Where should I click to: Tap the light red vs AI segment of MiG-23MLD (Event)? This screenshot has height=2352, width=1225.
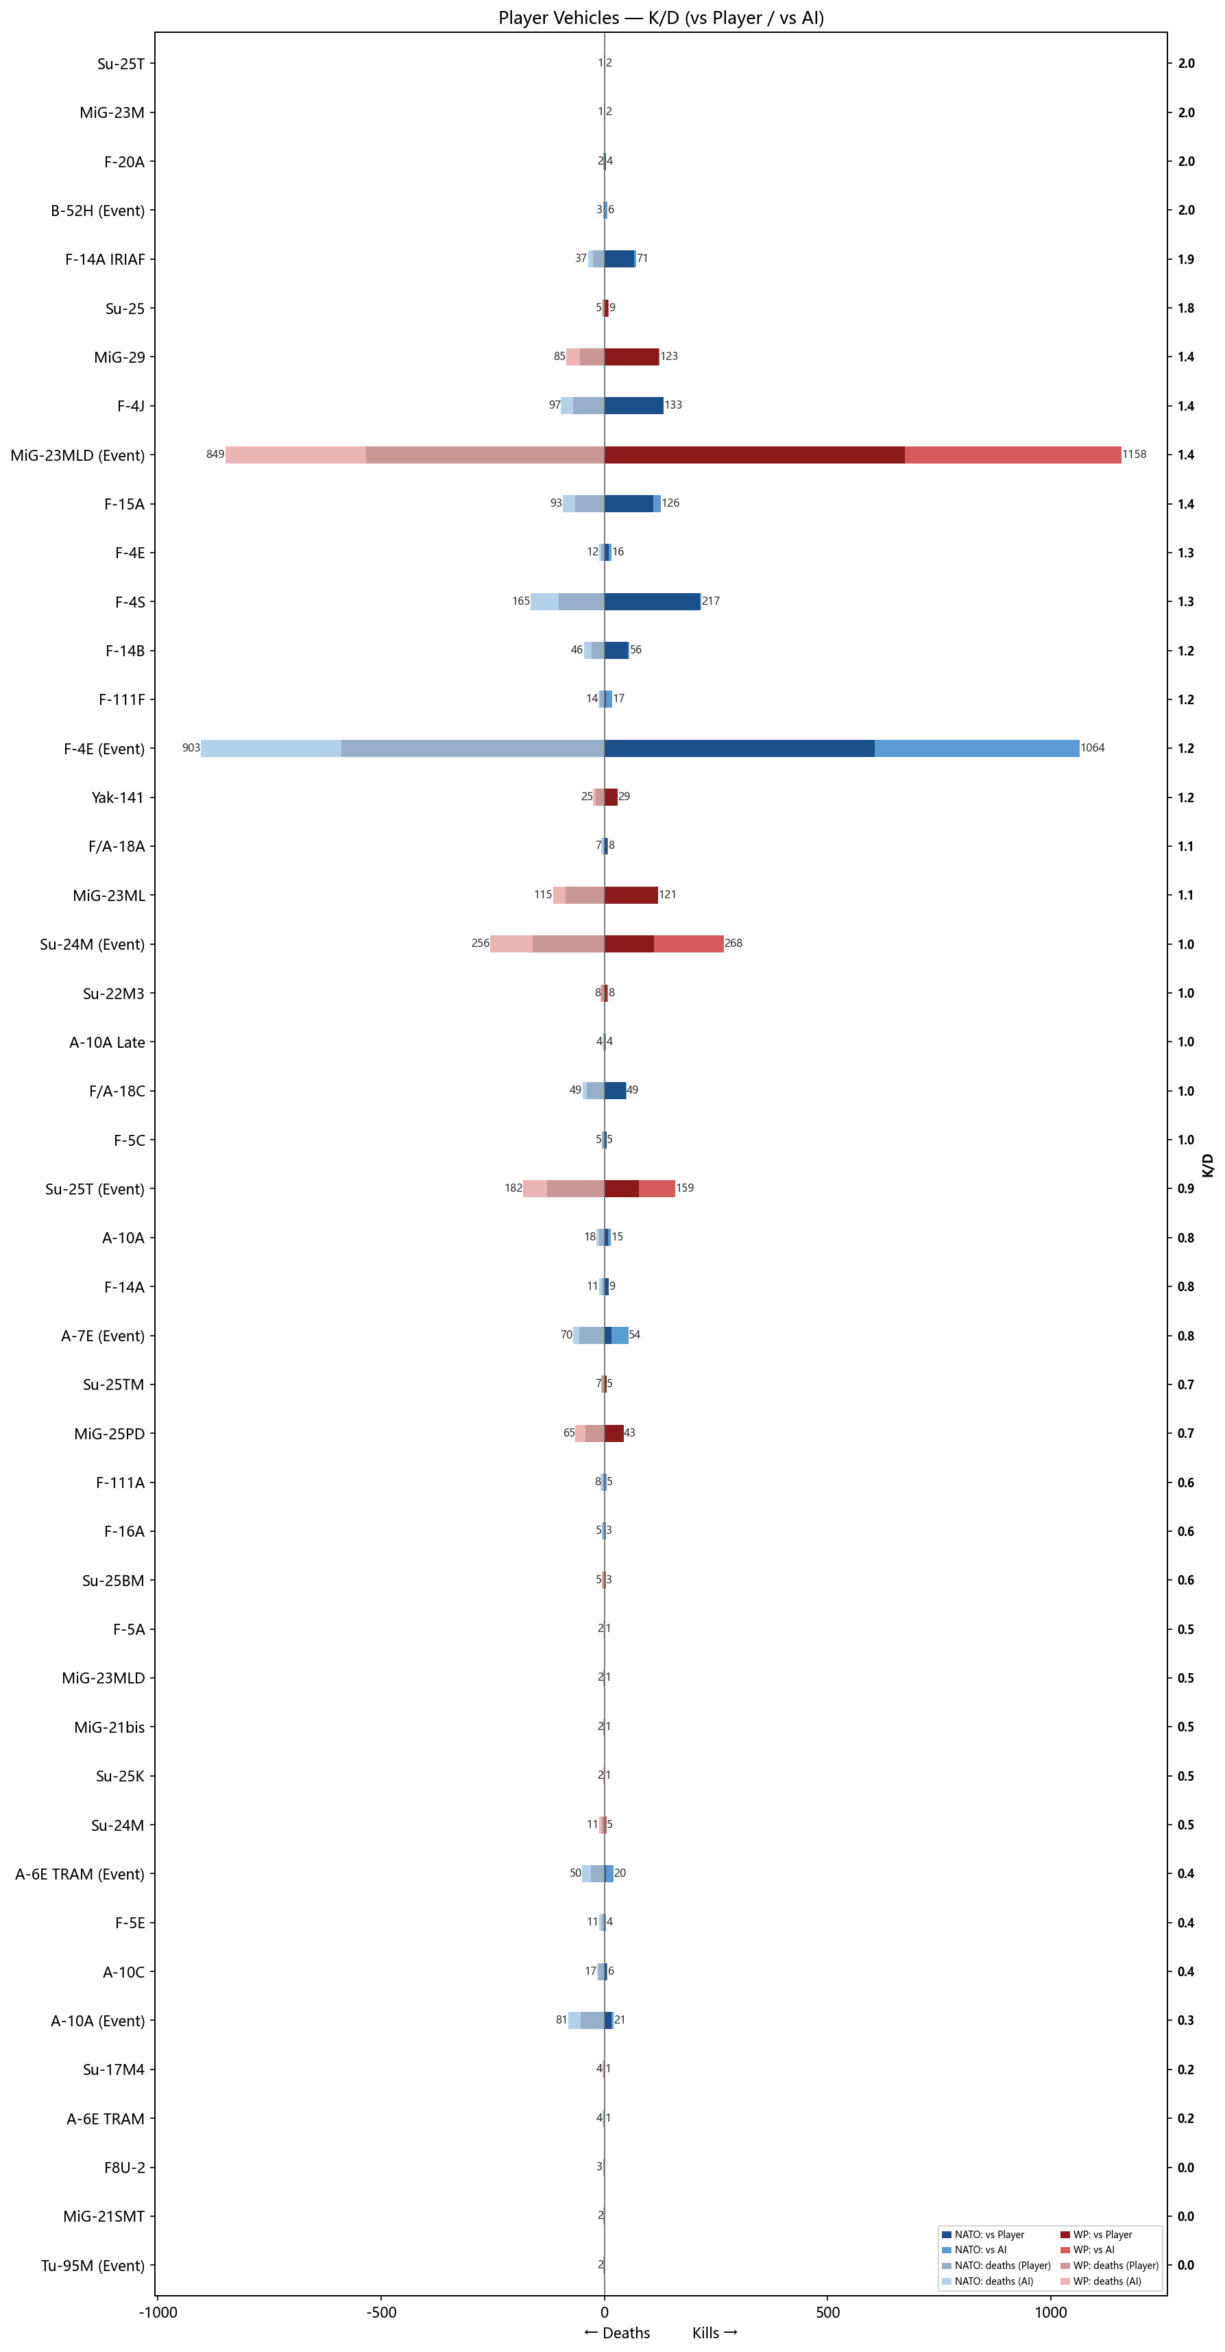(1012, 455)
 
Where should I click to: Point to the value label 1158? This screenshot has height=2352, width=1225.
(1134, 455)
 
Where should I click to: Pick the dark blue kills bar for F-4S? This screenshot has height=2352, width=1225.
(652, 601)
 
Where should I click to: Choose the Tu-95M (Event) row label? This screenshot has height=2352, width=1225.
(92, 2266)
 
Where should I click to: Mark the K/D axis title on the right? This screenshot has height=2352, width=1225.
(1208, 1164)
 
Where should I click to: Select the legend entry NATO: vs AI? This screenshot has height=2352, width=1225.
(980, 2249)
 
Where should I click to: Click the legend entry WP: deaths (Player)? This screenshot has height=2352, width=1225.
(1115, 2266)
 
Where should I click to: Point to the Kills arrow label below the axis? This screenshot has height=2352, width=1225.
(714, 2333)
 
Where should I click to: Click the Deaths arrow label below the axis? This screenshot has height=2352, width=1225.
(617, 2333)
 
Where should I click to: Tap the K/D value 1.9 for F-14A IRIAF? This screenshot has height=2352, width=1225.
(1185, 259)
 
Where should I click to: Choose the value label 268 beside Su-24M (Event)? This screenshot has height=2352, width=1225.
(733, 943)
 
